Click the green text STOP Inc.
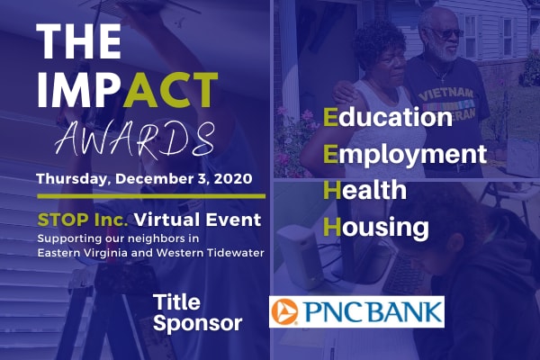click(x=82, y=220)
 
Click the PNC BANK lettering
click(x=375, y=312)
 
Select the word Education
click(x=388, y=117)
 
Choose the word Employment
click(x=405, y=154)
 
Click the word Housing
click(x=376, y=227)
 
